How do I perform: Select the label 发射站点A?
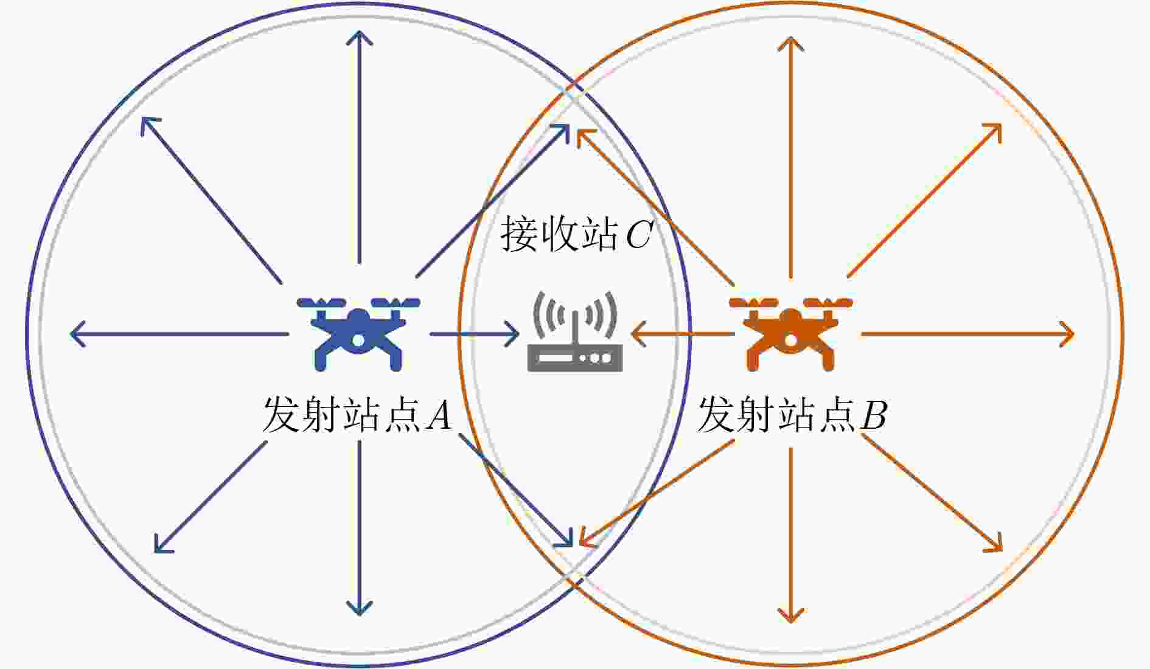point(357,416)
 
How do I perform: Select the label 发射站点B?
point(792,416)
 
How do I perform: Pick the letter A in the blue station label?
point(439,416)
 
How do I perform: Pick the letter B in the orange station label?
point(874,416)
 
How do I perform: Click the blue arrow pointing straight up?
point(359,146)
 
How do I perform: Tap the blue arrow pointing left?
point(179,334)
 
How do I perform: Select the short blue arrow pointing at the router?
point(475,334)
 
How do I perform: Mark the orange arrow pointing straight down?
point(791,535)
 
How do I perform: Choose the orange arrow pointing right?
point(967,334)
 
